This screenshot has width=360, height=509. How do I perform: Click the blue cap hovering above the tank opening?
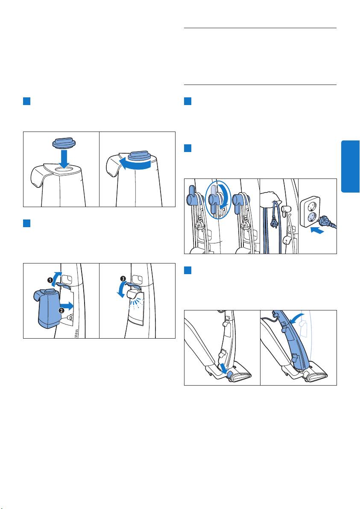64,143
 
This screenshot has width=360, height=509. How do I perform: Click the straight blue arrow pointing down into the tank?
64,159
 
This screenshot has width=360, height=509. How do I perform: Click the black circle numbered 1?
50,280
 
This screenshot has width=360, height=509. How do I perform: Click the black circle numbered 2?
61,310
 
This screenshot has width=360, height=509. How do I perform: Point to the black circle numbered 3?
123,278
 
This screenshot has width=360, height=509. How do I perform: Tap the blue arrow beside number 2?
67,305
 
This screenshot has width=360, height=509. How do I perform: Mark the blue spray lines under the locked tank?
136,304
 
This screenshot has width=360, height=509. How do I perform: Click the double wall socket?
310,212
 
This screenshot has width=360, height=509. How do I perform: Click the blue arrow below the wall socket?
317,231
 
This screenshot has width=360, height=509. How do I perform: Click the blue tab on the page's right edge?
351,167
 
